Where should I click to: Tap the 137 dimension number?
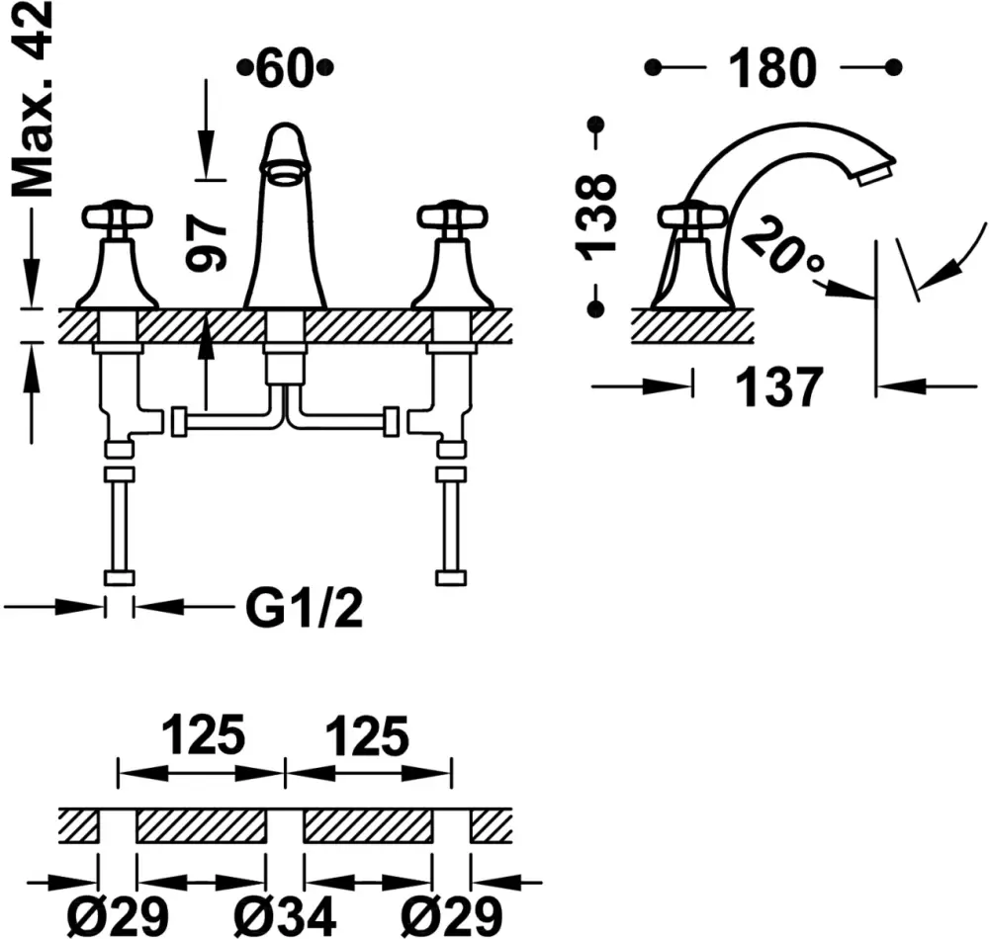point(781,386)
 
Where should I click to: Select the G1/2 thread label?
point(304,610)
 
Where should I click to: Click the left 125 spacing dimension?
point(202,736)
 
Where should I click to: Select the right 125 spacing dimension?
point(367,736)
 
